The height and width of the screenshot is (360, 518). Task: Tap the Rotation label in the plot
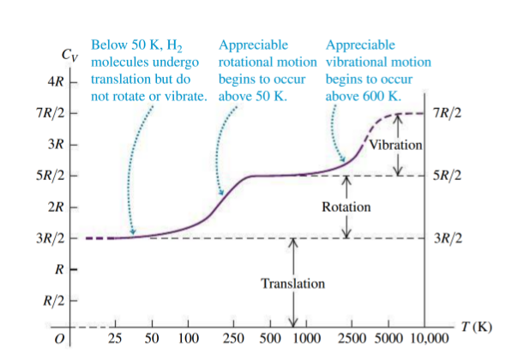pyautogui.click(x=346, y=207)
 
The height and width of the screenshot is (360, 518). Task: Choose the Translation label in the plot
pyautogui.click(x=294, y=282)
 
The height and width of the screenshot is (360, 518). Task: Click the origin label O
pyautogui.click(x=58, y=342)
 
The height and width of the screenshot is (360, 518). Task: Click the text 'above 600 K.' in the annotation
pyautogui.click(x=364, y=95)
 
